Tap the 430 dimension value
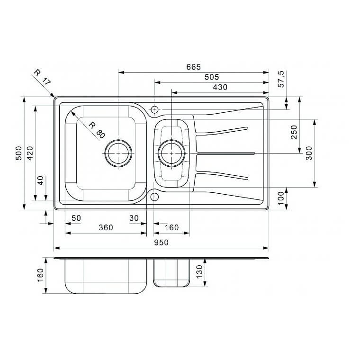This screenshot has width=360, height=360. coord(220,87)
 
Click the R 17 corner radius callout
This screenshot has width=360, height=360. coord(42,78)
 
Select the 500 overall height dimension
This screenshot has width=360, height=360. coord(19,153)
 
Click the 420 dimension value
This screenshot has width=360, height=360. coord(30,153)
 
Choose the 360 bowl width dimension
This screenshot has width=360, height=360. coord(106,227)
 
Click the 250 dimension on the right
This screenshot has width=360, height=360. coord(294,132)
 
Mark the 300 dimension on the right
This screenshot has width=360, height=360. coord(309,153)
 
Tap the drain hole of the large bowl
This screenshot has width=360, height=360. coord(117,153)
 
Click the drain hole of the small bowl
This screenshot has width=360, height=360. coord(171,153)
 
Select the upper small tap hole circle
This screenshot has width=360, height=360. coord(154,110)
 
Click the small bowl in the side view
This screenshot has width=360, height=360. coord(171,273)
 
